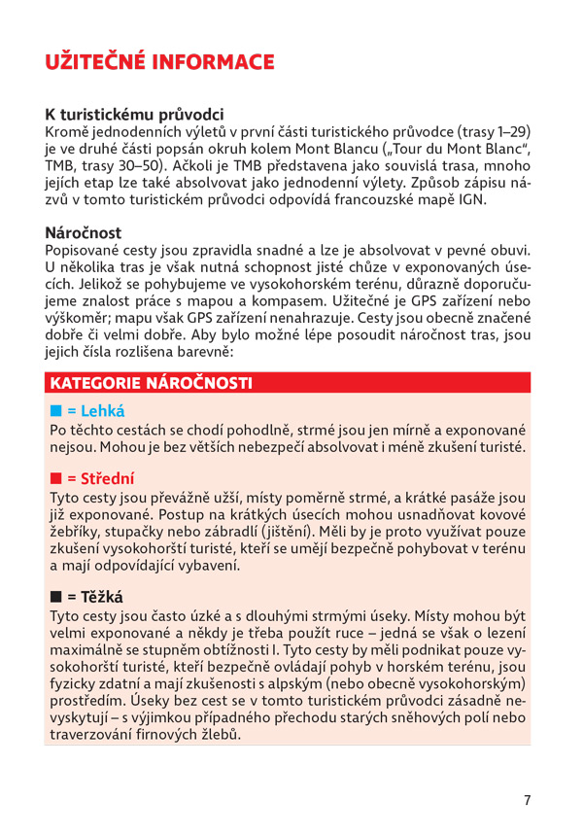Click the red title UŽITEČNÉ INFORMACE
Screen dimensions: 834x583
click(160, 63)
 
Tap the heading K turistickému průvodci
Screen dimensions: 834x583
click(134, 113)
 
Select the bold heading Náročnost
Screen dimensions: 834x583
click(84, 233)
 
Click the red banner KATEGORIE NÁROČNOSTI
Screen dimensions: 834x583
click(150, 382)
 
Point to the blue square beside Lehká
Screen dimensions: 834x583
click(55, 411)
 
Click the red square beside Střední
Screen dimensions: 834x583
click(55, 479)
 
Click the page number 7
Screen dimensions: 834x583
click(527, 800)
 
